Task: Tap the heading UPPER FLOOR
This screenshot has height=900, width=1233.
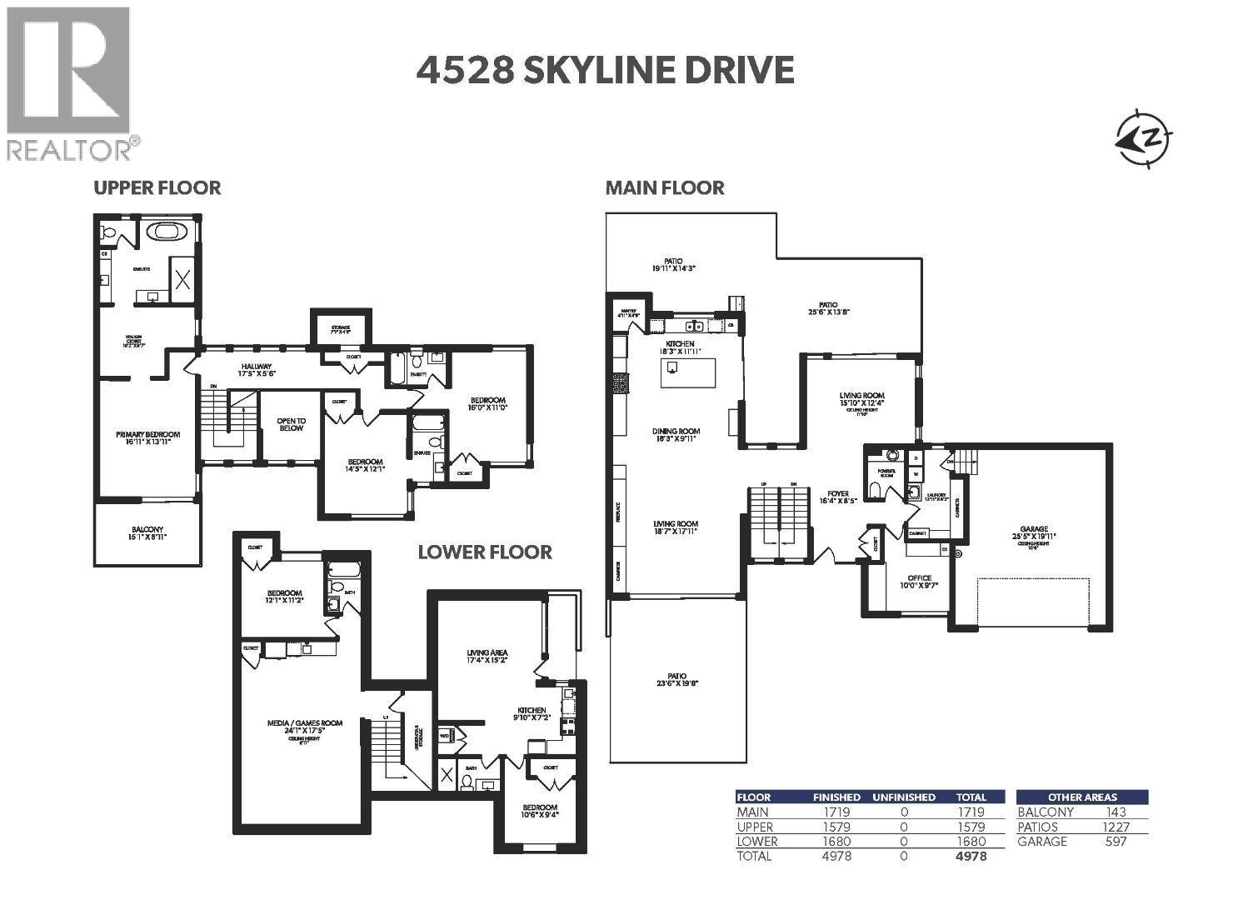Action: (x=157, y=187)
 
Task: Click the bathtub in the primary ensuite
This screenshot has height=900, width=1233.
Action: (x=167, y=232)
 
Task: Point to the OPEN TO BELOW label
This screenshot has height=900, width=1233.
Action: (x=291, y=424)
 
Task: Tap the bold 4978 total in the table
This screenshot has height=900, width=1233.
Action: (x=971, y=856)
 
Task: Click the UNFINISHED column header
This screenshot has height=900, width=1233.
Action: (x=904, y=797)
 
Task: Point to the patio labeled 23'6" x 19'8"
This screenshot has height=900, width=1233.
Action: (x=676, y=679)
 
